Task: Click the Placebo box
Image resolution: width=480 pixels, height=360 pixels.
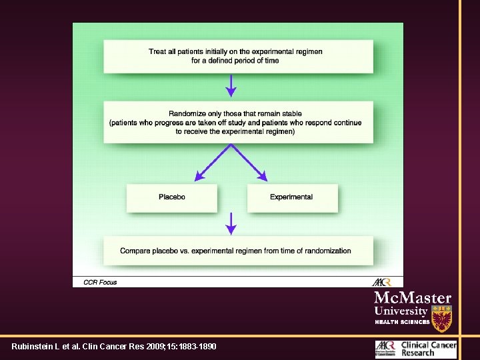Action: point(172,197)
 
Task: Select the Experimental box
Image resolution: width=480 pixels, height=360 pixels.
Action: point(291,197)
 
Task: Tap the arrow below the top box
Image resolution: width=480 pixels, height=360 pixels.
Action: point(231,85)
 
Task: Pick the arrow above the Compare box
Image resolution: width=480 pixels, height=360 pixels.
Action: point(231,224)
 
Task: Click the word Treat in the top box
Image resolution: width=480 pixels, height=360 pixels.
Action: point(158,51)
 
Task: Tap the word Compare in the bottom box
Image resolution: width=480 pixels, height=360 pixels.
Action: point(136,251)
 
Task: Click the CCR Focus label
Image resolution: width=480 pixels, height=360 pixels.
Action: point(100,282)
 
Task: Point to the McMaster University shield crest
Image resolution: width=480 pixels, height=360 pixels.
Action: point(441,318)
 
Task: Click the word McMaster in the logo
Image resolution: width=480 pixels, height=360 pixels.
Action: point(413,298)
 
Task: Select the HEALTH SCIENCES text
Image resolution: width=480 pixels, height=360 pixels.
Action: point(402,322)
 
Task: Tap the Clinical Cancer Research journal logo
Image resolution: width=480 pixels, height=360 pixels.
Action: point(416,348)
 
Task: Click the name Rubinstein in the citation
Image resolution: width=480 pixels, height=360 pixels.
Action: point(31,347)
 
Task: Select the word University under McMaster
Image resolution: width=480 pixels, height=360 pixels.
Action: point(401,311)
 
